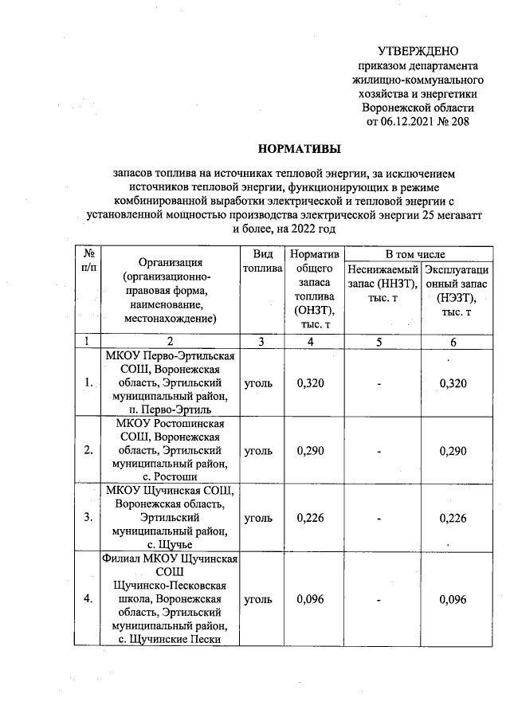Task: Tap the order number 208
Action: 461,123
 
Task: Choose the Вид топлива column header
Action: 263,261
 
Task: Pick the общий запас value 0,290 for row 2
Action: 310,450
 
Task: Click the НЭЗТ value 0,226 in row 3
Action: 452,518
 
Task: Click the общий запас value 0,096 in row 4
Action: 310,598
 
